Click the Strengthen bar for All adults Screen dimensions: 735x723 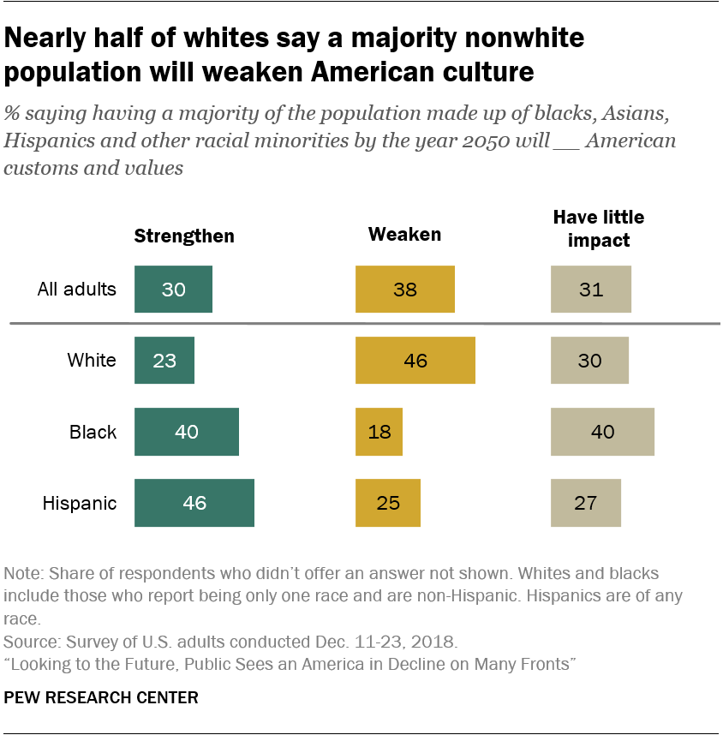click(173, 290)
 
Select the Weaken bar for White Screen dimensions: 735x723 click(415, 360)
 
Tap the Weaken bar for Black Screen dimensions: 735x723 click(379, 432)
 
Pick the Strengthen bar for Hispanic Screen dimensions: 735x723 click(194, 503)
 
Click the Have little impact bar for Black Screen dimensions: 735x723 click(602, 432)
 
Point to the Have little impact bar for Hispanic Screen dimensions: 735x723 click(585, 503)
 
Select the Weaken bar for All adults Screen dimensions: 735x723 click(405, 290)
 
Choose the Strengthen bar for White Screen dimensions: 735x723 click(164, 360)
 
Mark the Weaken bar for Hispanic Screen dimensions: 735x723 click(388, 503)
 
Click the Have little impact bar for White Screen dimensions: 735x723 click(589, 360)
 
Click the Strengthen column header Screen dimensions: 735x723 click(184, 236)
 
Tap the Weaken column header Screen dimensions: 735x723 click(404, 234)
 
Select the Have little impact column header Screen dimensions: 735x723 click(599, 229)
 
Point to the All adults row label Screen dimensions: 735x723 click(76, 289)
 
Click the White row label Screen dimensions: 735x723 click(92, 360)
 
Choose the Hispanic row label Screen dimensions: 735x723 click(80, 503)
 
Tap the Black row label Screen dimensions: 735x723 click(93, 432)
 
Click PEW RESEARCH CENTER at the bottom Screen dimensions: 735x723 click(101, 698)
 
